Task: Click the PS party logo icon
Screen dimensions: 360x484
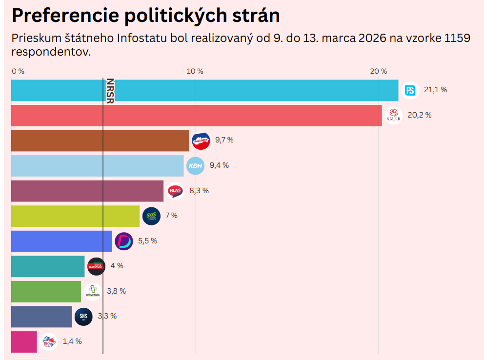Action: tap(410, 90)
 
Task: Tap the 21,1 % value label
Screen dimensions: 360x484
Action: tap(435, 90)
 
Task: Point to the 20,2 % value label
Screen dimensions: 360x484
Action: tap(420, 115)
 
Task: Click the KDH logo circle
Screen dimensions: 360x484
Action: tap(195, 166)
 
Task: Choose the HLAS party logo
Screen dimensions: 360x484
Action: tap(175, 191)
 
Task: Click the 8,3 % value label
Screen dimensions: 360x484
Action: tap(199, 191)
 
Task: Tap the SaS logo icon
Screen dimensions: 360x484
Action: tap(151, 216)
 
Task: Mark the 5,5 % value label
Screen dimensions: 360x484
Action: tap(147, 241)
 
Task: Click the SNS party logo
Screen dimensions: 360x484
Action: tap(83, 317)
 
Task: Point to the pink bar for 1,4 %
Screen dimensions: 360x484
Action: tap(24, 341)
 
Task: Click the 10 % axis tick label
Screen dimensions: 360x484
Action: tap(195, 71)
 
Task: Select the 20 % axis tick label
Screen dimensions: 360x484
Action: tap(379, 71)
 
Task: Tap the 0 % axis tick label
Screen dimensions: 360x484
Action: tap(18, 71)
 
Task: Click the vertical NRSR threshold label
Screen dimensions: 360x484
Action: tap(110, 90)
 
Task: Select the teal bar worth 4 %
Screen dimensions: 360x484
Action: tap(48, 266)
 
